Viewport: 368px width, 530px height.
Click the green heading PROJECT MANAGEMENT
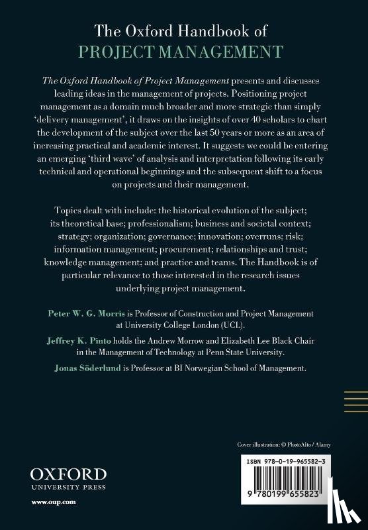coord(185,52)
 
